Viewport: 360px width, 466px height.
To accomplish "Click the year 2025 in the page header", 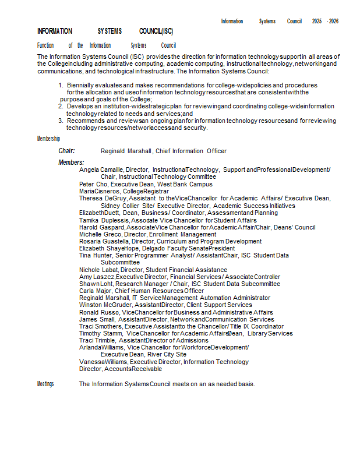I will click(316, 21).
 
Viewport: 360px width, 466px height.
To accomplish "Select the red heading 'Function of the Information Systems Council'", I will click(107, 45).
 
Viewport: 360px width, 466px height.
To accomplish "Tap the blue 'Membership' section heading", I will click(48, 139).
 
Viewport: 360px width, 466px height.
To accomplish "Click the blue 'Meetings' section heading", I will click(45, 384).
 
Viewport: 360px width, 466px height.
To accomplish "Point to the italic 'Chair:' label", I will click(66, 151).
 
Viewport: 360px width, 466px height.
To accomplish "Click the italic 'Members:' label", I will click(71, 163).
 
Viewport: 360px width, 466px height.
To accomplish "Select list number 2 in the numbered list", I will click(61, 107).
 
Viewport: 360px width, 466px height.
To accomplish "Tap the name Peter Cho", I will click(93, 184).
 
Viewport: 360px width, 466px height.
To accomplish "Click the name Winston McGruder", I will click(105, 305).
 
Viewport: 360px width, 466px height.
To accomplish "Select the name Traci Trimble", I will click(98, 340).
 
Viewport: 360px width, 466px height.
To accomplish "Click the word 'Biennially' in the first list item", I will click(80, 85).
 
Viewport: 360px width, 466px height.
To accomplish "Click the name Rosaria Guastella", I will click(104, 241).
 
